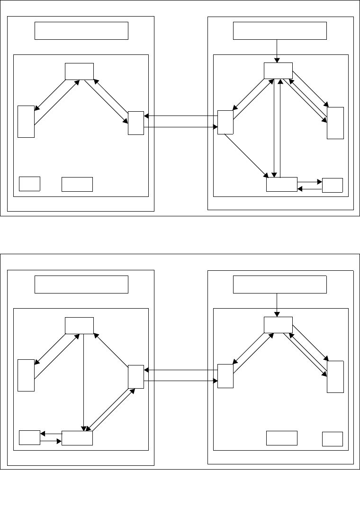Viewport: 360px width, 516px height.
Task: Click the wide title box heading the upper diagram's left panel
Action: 81,31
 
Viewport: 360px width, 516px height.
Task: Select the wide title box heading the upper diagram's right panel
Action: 280,31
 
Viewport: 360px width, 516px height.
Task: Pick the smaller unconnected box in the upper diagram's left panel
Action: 29,184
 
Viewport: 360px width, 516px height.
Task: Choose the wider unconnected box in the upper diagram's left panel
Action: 77,184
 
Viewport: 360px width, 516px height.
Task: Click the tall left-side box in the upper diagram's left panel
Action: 26,121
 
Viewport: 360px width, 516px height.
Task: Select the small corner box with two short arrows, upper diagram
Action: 332,185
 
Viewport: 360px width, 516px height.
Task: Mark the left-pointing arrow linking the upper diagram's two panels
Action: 180,116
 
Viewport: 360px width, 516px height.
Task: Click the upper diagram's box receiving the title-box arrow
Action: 278,71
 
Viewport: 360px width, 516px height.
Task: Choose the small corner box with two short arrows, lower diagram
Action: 29,438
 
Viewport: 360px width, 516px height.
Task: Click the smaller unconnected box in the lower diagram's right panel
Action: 332,439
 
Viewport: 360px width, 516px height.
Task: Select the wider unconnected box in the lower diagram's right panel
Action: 281,438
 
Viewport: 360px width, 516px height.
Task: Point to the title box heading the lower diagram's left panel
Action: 81,285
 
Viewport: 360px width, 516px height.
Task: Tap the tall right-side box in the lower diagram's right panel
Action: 335,376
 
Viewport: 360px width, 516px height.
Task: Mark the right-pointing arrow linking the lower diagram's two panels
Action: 180,381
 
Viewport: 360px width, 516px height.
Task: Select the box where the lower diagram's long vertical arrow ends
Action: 77,438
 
